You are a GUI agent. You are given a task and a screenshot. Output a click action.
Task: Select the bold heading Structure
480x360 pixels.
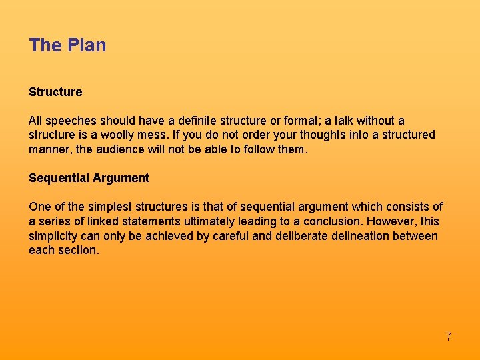(x=55, y=92)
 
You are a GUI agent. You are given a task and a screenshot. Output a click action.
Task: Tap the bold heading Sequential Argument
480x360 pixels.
(x=89, y=178)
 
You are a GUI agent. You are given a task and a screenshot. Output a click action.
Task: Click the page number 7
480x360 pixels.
(x=449, y=337)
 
